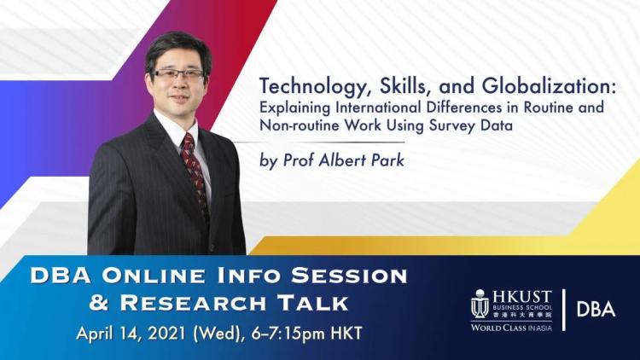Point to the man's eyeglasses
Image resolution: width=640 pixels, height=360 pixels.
178,74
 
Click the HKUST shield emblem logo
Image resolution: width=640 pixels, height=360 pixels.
480,305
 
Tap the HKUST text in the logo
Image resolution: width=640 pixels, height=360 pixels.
521,297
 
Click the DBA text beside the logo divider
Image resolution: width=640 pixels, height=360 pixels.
596,310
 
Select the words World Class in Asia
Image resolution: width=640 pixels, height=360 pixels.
511,328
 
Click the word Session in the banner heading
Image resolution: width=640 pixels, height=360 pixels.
348,276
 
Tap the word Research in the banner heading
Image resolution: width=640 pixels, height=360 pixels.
193,303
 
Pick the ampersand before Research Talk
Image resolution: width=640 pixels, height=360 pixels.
99,303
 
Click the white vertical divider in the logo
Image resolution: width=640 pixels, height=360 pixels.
564,310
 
